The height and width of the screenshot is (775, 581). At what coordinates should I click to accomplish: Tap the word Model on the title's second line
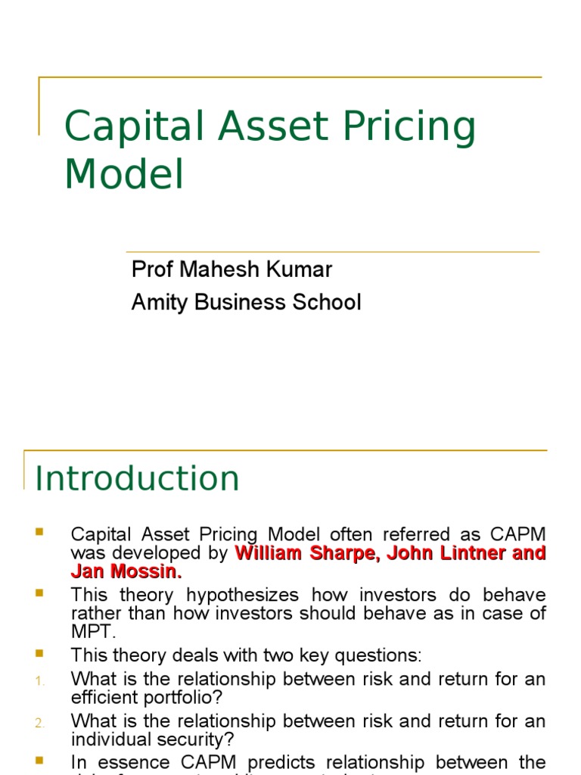pyautogui.click(x=124, y=174)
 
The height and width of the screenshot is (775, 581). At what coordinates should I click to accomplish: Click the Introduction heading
pyautogui.click(x=138, y=479)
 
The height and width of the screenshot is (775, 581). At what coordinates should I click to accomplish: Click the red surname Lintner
pyautogui.click(x=464, y=553)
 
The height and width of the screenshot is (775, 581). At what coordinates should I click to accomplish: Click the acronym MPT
pyautogui.click(x=91, y=631)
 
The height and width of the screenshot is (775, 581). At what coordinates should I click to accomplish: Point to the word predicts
pyautogui.click(x=307, y=763)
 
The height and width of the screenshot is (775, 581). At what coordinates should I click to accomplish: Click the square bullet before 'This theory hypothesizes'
pyautogui.click(x=39, y=590)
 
